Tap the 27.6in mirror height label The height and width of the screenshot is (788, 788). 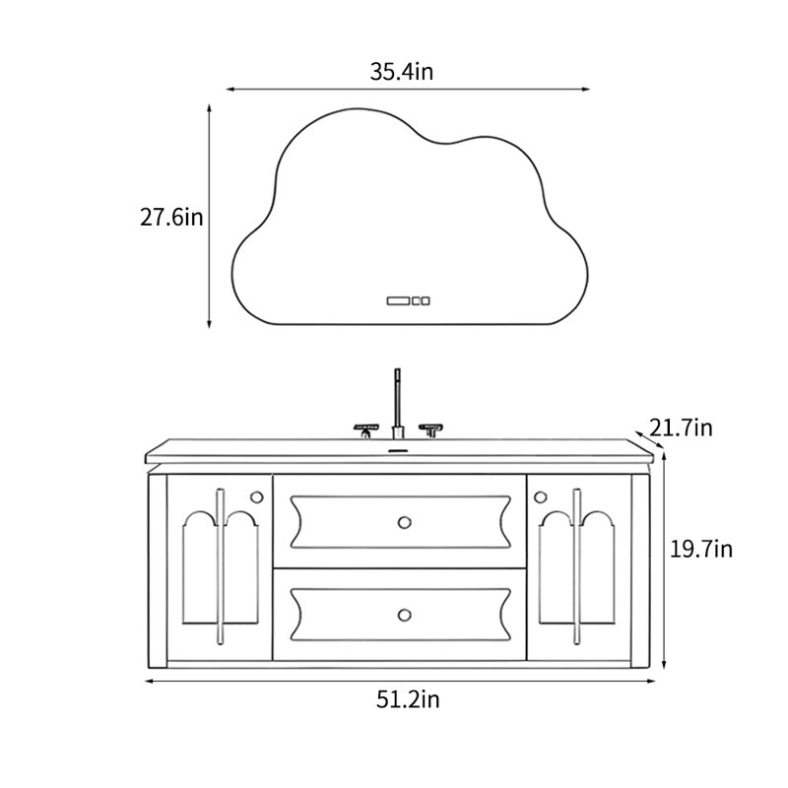click(171, 218)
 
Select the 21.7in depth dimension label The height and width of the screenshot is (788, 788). click(681, 428)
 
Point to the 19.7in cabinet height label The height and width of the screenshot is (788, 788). click(701, 550)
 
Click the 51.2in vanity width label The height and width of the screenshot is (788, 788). click(408, 699)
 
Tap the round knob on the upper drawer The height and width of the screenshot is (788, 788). click(404, 522)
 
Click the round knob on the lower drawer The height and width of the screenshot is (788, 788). click(404, 615)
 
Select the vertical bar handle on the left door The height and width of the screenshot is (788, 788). click(220, 566)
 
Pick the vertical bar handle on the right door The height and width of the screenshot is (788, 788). click(576, 566)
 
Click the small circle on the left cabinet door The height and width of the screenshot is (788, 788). click(256, 497)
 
